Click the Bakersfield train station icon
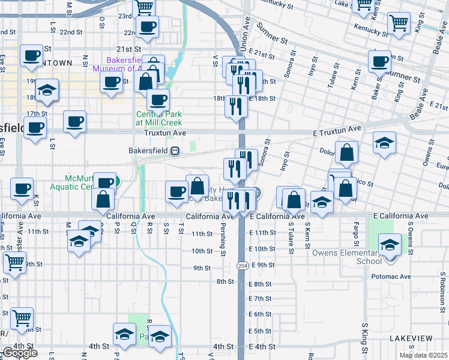[175, 151]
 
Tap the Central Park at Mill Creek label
[158, 118]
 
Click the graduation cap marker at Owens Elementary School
[390, 245]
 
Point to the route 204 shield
[242, 265]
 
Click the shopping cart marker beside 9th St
[14, 262]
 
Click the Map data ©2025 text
[423, 355]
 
